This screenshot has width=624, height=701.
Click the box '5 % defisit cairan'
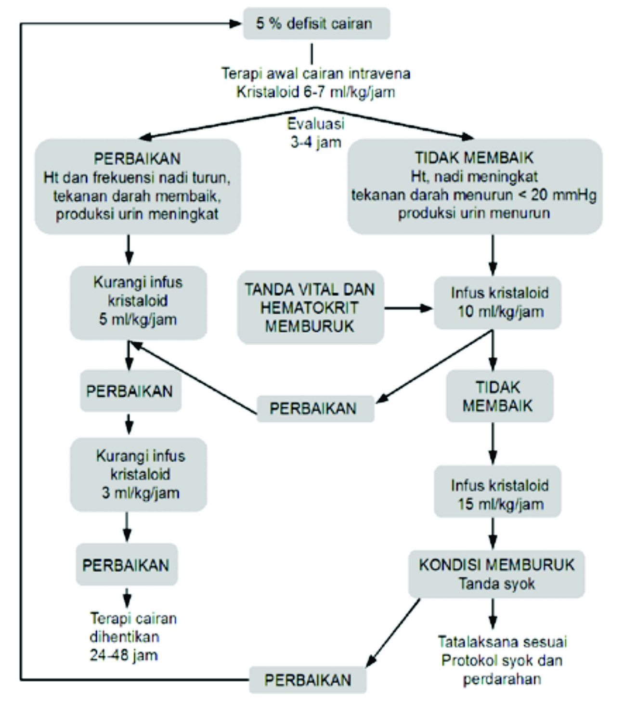coord(316,23)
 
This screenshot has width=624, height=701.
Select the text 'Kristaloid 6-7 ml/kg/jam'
coord(315,92)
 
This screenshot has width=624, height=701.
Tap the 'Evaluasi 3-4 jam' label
coord(316,133)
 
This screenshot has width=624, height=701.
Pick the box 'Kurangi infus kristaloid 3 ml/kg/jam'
coord(139,474)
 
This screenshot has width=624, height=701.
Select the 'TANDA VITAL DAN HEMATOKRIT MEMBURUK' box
coord(310,307)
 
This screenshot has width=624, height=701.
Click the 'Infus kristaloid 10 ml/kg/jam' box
coord(498,302)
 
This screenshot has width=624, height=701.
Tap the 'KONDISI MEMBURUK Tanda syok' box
coord(496,574)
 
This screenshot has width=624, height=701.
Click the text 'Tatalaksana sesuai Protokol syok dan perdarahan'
coord(502,660)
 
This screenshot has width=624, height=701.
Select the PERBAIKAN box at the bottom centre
coord(308,679)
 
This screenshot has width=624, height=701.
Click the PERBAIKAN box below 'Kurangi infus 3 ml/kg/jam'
coord(126,565)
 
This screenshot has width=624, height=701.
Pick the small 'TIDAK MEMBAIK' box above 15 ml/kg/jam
coord(499,396)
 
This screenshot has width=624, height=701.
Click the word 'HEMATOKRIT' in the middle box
coord(310,308)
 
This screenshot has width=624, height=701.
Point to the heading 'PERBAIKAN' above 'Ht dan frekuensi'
coord(137,158)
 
